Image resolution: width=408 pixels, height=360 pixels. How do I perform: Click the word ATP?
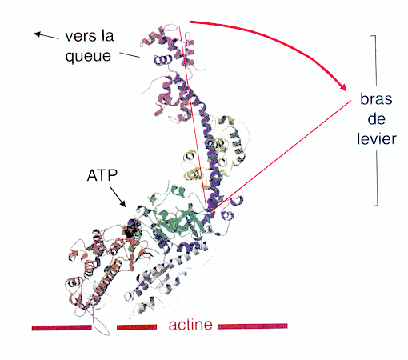click(x=102, y=175)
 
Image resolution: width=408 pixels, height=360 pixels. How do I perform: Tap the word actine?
click(x=190, y=325)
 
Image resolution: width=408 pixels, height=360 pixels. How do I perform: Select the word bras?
click(x=376, y=99)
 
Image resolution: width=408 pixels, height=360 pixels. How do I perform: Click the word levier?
click(x=377, y=138)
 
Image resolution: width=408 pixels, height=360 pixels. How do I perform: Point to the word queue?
click(x=88, y=56)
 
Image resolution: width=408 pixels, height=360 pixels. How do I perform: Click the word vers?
click(x=79, y=36)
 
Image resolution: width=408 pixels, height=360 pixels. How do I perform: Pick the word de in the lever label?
click(x=376, y=118)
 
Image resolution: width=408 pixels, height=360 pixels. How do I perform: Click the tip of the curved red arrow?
click(x=346, y=90)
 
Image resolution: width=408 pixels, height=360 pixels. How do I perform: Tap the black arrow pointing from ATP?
click(x=118, y=197)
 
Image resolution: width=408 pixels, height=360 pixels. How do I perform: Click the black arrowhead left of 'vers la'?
click(x=38, y=34)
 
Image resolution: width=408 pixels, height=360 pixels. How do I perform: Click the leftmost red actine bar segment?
click(x=62, y=328)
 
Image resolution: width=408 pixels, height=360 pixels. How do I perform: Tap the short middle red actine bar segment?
click(x=137, y=327)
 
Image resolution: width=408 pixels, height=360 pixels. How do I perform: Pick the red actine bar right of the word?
click(x=252, y=326)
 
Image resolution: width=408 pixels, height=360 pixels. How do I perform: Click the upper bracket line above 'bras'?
click(x=375, y=60)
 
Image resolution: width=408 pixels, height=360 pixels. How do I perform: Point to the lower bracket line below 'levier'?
click(x=377, y=178)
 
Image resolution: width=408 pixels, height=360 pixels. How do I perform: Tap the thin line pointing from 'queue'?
click(x=130, y=55)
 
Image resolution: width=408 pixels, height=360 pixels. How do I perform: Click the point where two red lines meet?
click(x=207, y=211)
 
